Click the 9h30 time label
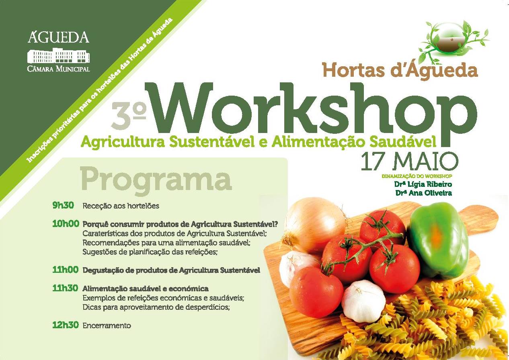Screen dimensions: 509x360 tap(63, 206)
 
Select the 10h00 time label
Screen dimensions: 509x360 tap(66, 224)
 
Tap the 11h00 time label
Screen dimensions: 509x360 tap(66, 270)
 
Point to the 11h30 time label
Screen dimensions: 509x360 tap(66, 288)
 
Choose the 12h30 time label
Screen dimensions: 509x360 tap(66, 325)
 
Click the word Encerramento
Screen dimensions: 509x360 tap(107, 325)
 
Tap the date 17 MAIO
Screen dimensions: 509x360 tap(409, 162)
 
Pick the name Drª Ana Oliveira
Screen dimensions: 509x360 tap(423, 193)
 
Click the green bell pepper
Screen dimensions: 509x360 tap(438, 241)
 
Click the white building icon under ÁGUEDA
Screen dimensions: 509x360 tap(58, 55)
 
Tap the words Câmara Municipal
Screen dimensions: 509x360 tap(58, 68)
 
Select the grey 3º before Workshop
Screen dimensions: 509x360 tap(128, 115)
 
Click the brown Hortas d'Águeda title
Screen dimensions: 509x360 tap(400, 70)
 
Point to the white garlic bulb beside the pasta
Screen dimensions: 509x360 tap(363, 301)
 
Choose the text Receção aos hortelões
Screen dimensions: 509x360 tap(121, 206)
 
